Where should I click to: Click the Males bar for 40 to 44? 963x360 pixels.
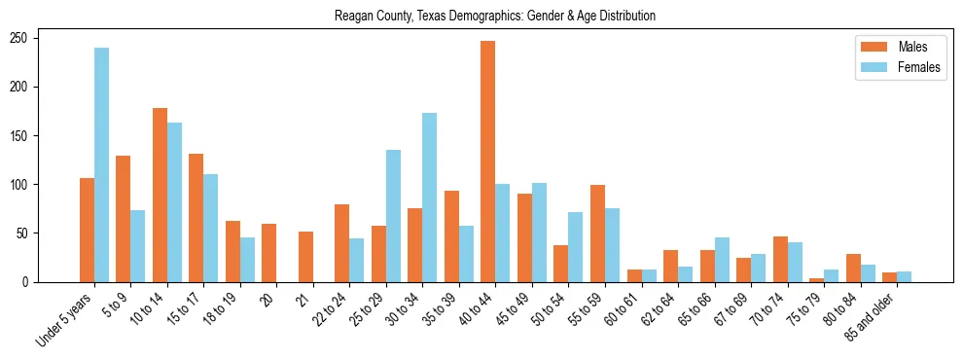coord(488,162)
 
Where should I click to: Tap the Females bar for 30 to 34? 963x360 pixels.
coord(430,198)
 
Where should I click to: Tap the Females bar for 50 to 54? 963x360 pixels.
coord(576,247)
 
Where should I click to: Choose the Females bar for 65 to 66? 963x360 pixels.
coord(722,260)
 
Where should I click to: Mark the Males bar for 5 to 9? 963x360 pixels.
coord(124,219)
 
